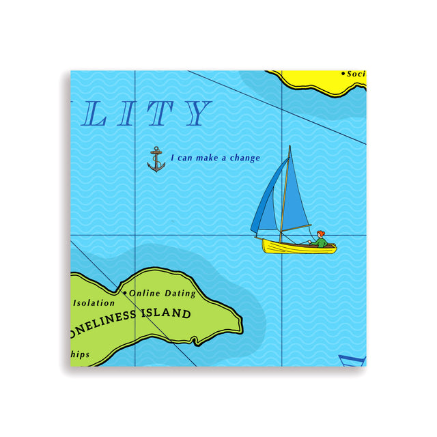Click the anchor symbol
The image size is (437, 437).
(156, 159)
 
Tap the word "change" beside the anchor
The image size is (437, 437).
(245, 158)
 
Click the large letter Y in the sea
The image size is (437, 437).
(197, 114)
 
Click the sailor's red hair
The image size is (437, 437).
(320, 234)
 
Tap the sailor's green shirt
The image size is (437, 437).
(320, 242)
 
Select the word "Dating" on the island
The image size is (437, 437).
(179, 294)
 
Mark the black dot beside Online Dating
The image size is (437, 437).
(124, 293)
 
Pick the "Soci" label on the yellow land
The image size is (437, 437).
(356, 74)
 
